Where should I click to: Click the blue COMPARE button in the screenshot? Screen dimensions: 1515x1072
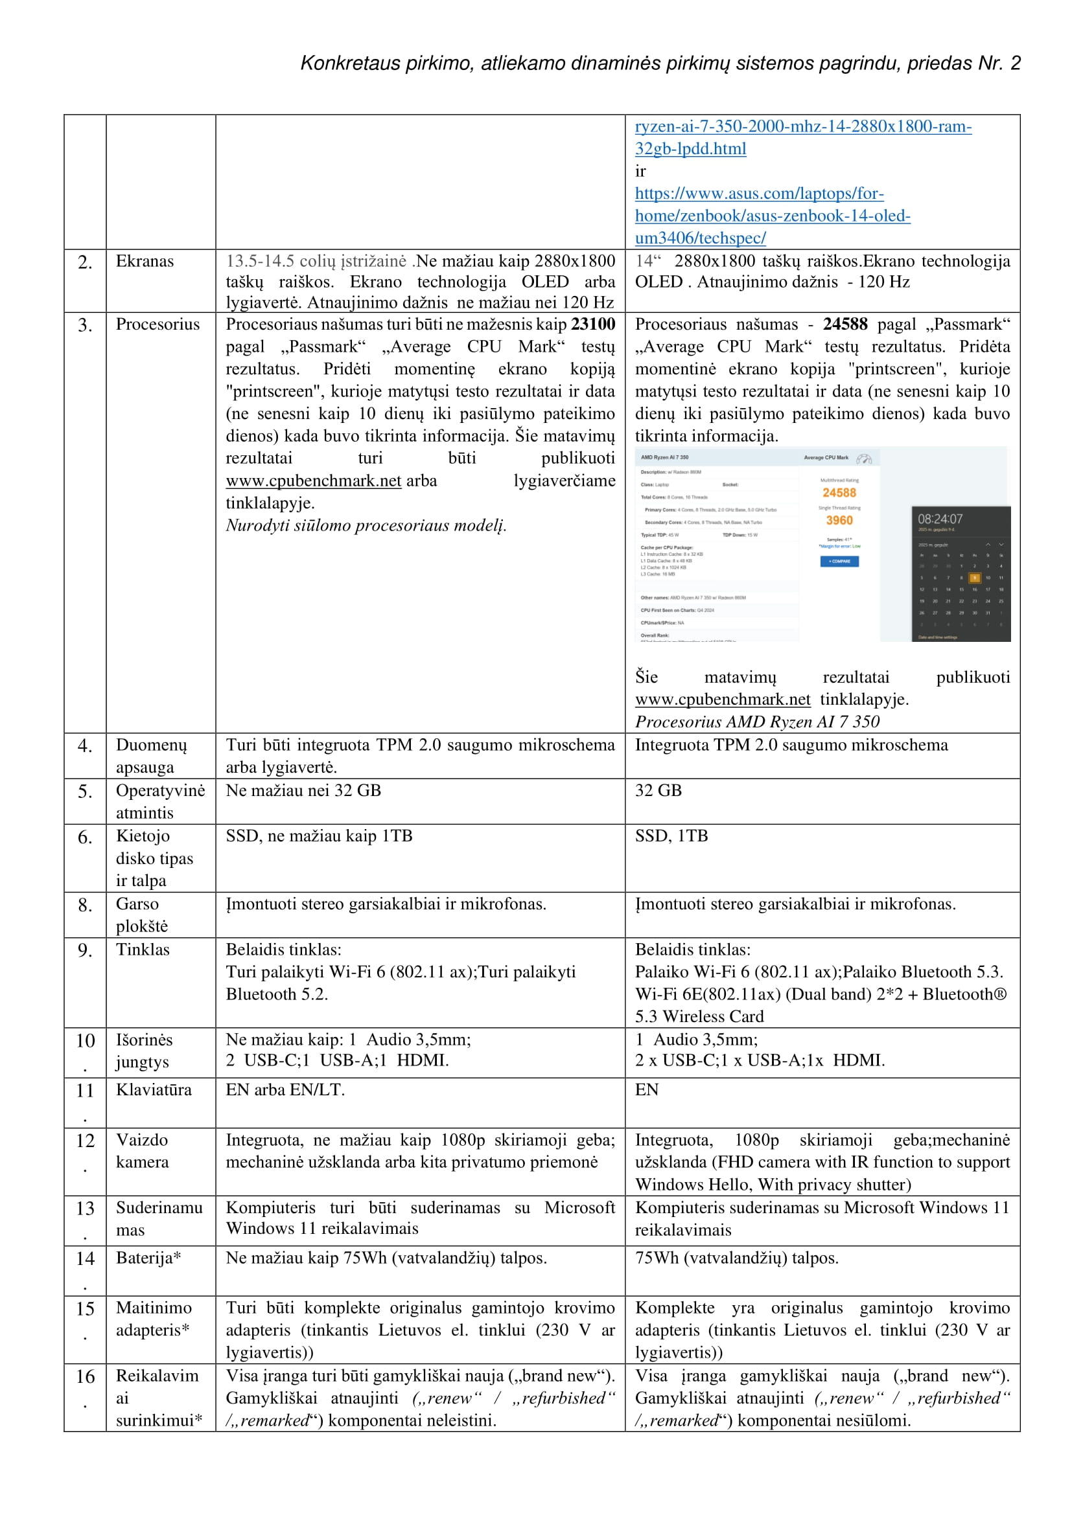(839, 562)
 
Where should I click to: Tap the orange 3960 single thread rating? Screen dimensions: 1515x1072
(839, 521)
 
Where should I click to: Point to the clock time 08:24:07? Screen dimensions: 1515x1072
(940, 519)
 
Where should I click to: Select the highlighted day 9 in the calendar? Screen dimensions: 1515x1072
(974, 577)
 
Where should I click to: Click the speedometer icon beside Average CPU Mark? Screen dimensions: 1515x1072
(864, 459)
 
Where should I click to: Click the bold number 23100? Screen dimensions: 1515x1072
(593, 324)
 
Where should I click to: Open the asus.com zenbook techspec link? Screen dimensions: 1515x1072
(773, 216)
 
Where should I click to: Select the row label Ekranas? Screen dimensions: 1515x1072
(145, 261)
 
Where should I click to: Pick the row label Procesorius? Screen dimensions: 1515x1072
(157, 324)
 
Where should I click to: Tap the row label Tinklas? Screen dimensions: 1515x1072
(143, 950)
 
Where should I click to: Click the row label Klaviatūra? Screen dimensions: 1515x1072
(154, 1089)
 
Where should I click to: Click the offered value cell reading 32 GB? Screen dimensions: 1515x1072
(658, 790)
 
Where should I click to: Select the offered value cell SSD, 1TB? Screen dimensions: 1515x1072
(671, 836)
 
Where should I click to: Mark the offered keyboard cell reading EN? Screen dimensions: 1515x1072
(646, 1089)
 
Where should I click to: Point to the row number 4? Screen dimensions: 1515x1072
(84, 746)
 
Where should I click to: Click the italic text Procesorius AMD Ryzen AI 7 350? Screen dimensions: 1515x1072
(757, 721)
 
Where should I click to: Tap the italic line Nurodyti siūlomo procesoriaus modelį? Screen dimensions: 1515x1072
(366, 525)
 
